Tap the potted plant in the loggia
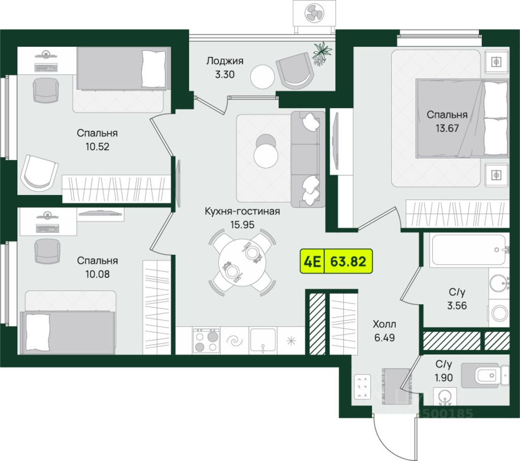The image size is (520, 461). click(x=322, y=52)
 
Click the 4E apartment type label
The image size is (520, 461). click(x=312, y=262)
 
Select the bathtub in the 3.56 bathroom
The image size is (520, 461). click(x=468, y=250)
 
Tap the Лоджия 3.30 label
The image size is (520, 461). click(x=224, y=67)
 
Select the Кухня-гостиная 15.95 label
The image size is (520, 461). click(x=242, y=217)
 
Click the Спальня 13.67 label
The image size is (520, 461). click(x=447, y=121)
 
